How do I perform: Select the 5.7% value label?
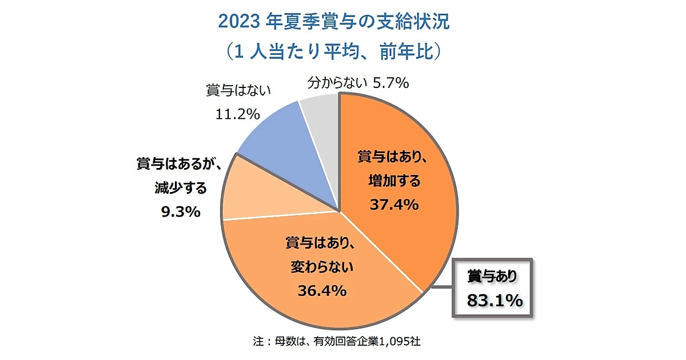[390, 83]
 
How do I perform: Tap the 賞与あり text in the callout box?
[492, 277]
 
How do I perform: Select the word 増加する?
[394, 181]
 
